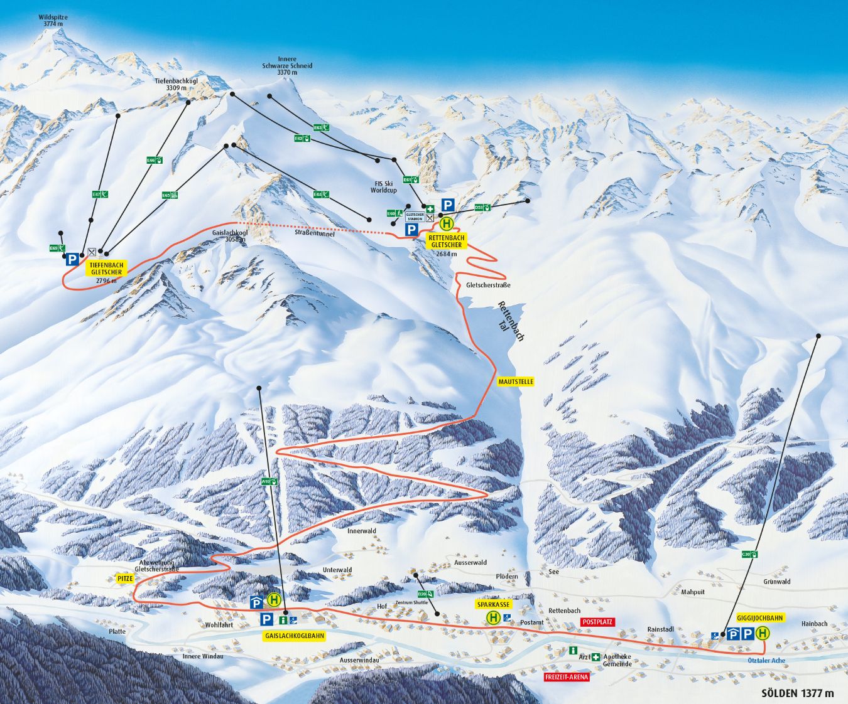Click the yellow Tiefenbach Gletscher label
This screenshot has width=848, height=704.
point(106,268)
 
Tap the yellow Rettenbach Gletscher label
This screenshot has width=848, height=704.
point(447,241)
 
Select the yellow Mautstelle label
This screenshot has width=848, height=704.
point(516,381)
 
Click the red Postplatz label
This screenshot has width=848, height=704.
point(597,621)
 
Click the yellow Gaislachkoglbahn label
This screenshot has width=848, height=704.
point(295,635)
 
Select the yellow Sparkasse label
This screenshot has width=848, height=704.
point(493,605)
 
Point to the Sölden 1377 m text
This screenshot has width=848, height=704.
point(798,693)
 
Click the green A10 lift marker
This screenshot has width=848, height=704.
point(268,482)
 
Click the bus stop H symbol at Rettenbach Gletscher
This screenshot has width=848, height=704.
point(447,224)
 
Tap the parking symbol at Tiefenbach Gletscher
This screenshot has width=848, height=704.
point(72,259)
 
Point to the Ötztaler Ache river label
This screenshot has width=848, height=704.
point(766,661)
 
